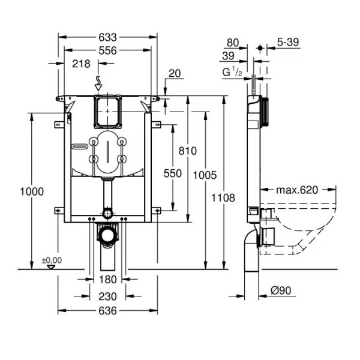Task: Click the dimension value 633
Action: (x=108, y=35)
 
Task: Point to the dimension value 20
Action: (x=175, y=73)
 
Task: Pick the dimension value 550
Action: (x=173, y=173)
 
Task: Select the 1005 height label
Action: (x=205, y=175)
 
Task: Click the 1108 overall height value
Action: (x=223, y=197)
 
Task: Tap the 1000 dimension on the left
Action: (x=31, y=191)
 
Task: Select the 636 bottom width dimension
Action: (x=108, y=311)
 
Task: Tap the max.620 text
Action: (x=296, y=190)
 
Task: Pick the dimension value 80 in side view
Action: (x=232, y=43)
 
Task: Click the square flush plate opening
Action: (x=108, y=110)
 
